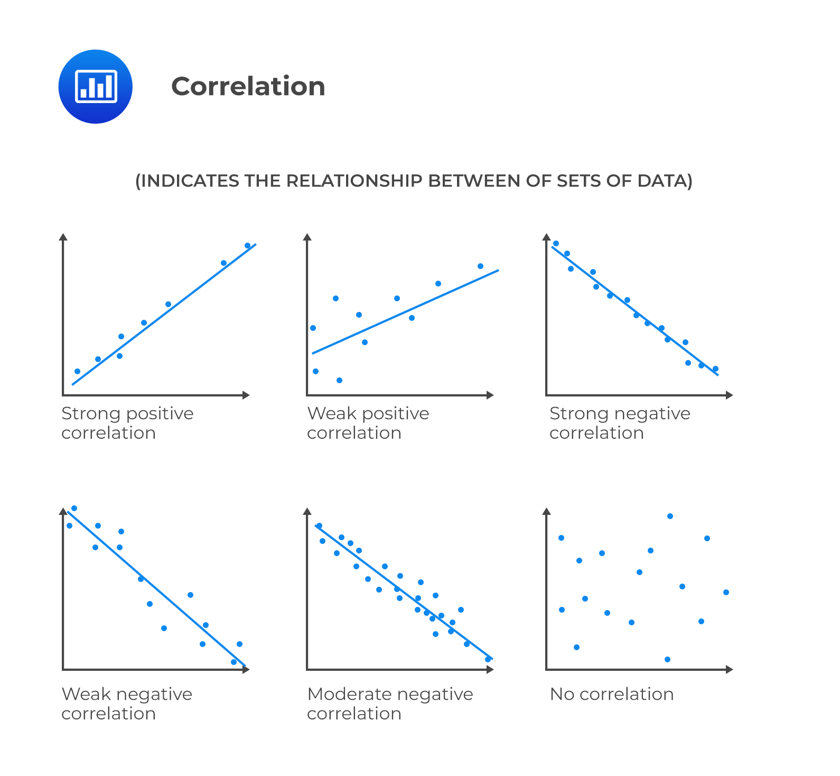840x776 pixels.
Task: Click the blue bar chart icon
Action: (96, 87)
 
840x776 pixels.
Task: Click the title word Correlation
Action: (248, 86)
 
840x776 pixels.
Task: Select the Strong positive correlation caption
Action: (127, 423)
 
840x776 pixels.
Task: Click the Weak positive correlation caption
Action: (368, 423)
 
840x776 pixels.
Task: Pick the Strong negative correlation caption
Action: (620, 423)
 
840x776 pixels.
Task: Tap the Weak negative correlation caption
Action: (127, 704)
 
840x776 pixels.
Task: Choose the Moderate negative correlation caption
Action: (390, 704)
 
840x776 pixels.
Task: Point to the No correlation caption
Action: (612, 694)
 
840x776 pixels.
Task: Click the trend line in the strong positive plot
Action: (164, 315)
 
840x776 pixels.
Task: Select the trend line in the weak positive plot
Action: (406, 311)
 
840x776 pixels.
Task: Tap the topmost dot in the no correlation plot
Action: (670, 516)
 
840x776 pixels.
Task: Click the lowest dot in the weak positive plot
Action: (339, 380)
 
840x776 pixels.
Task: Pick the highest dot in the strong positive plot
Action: (247, 245)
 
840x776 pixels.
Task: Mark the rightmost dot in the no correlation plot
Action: (726, 592)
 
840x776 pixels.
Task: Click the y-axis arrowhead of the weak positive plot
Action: (307, 236)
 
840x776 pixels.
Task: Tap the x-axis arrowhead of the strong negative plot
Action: (730, 395)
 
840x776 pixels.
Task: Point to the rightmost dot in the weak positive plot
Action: (480, 266)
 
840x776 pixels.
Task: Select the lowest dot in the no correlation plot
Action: (667, 659)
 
